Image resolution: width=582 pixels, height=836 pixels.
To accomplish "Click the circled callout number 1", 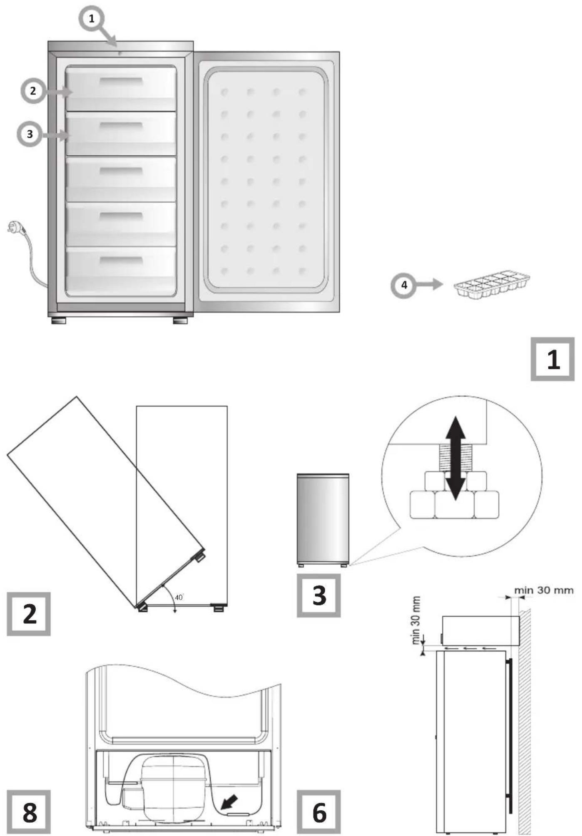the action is coord(92,19).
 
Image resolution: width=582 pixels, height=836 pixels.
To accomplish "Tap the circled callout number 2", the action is coord(33,91).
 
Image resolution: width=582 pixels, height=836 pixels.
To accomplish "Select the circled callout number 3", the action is coord(29,134).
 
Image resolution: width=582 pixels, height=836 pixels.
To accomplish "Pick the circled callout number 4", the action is coord(403,286).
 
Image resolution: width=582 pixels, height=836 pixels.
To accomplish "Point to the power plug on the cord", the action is coord(14,228).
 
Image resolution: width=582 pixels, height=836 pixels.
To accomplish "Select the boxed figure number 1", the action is coord(552,359).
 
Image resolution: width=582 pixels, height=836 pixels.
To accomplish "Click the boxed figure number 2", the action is coord(29,614).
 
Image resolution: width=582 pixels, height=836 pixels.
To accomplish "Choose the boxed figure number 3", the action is coord(318,595).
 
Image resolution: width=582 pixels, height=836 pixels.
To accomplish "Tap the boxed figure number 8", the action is coord(29,812).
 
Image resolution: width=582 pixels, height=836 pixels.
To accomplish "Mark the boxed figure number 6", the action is coord(318,812).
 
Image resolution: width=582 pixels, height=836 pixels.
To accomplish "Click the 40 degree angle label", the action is coord(179,598).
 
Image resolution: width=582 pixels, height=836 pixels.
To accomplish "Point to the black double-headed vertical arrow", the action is coord(455,458).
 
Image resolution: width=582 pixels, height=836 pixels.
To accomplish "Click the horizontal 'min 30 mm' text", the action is coord(544,590).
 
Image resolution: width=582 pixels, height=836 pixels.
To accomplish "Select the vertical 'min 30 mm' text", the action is coord(416,620).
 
